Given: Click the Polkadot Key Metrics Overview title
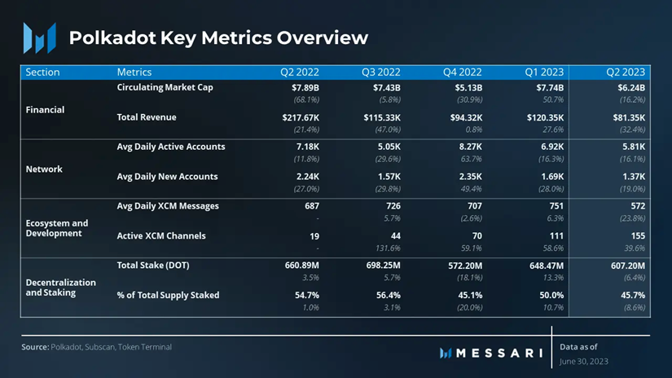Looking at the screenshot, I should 218,37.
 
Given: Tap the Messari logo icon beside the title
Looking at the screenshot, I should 39,37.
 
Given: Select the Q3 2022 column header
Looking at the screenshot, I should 381,72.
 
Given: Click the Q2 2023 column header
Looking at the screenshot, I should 626,72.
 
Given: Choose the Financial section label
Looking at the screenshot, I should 45,109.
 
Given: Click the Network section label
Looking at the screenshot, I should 44,169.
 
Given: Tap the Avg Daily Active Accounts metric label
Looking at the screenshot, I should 170,147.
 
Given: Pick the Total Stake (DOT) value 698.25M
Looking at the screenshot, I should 381,266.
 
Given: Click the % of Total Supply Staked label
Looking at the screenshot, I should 168,295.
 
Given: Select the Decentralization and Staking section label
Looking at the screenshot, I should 60,288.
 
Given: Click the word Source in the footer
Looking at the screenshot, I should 34,347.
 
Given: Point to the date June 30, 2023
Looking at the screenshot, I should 583,361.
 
